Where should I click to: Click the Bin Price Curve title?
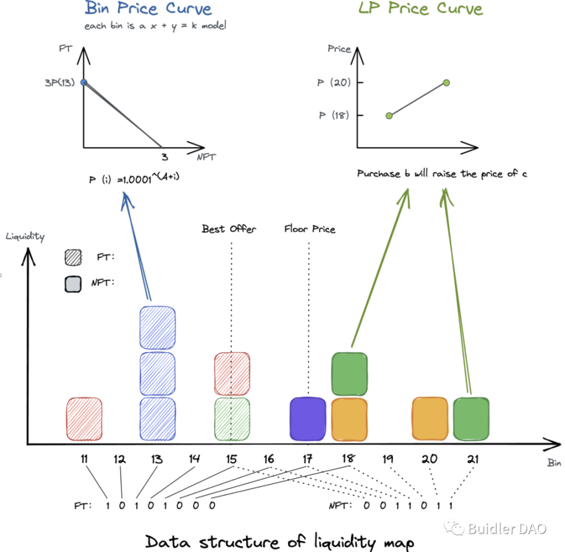click(x=148, y=9)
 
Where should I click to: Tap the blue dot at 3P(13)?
click(x=84, y=83)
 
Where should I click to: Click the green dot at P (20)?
click(x=446, y=83)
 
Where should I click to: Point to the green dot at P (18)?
click(x=389, y=116)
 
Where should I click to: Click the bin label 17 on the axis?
click(x=308, y=459)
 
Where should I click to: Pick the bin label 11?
click(x=84, y=459)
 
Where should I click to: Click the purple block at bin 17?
click(x=308, y=418)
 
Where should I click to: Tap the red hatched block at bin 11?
click(x=84, y=418)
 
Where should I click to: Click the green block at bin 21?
click(x=471, y=418)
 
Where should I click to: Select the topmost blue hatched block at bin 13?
click(x=158, y=326)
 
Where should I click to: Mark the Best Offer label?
click(x=229, y=229)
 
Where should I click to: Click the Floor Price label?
click(x=310, y=229)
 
